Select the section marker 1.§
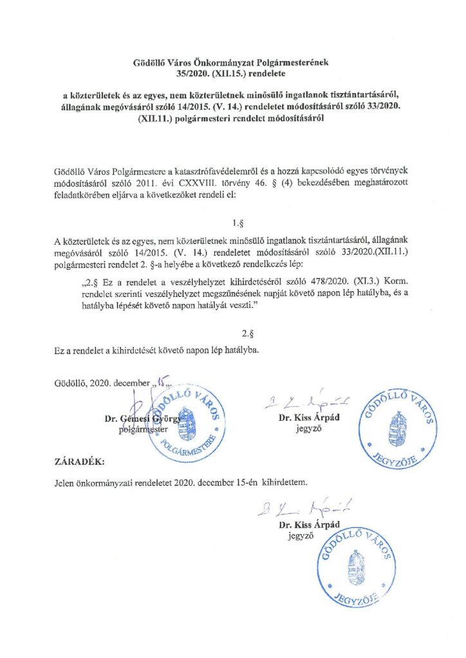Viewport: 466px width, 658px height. [x=235, y=224]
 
